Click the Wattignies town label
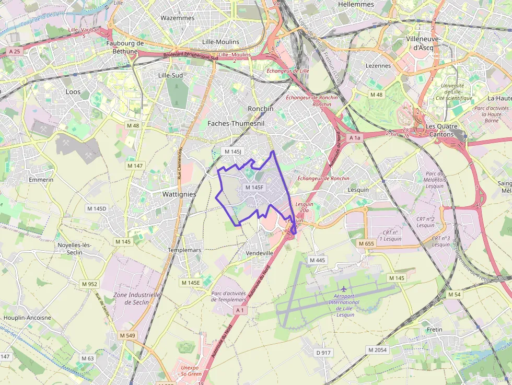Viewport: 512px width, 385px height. tap(179, 194)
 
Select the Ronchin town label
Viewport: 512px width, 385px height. tap(260, 109)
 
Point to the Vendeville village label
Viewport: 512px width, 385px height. tap(259, 253)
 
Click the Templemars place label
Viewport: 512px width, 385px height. tap(184, 250)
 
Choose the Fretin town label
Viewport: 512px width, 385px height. tap(434, 330)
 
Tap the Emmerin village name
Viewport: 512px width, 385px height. tap(41, 180)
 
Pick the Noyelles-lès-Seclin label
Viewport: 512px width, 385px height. tap(75, 248)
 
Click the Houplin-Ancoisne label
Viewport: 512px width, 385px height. tap(27, 318)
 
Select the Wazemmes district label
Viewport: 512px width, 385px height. tap(178, 18)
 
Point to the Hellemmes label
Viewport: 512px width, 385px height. tap(356, 4)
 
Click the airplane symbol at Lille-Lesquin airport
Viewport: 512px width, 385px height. tap(344, 288)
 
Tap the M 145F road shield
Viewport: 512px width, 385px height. tap(254, 187)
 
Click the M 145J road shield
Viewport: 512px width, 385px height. tap(232, 151)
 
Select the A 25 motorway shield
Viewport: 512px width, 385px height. tap(14, 51)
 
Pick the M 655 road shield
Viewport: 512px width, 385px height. tap(367, 243)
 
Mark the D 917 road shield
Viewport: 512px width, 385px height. tap(324, 353)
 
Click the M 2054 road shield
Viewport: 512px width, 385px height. tap(378, 349)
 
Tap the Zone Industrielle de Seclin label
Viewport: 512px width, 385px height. tap(131, 298)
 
